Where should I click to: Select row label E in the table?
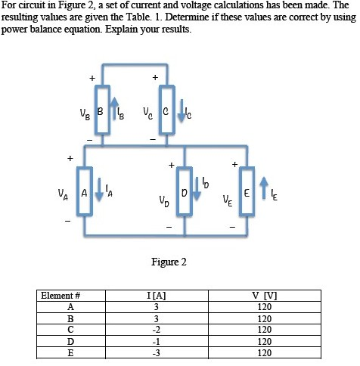70,352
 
